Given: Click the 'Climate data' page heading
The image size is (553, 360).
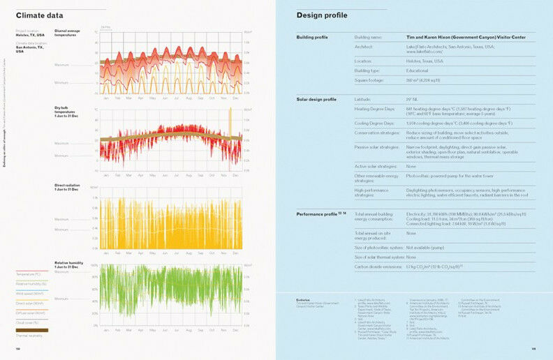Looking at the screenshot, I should point(39,15).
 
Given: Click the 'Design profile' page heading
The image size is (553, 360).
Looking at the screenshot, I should point(321,15).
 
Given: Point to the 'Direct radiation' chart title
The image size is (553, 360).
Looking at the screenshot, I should point(67,186).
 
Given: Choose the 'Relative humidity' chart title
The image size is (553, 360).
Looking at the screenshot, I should point(68,264).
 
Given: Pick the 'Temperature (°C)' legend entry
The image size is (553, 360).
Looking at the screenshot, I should point(31,274).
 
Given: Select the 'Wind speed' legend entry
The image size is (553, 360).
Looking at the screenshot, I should point(30,294).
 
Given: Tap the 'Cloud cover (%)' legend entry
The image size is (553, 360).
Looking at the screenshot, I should point(30,323).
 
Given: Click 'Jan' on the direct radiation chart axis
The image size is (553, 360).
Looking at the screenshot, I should point(106,253).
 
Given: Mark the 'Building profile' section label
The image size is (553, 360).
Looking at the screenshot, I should point(312,36).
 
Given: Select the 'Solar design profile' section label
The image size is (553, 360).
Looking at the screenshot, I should point(316,100).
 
